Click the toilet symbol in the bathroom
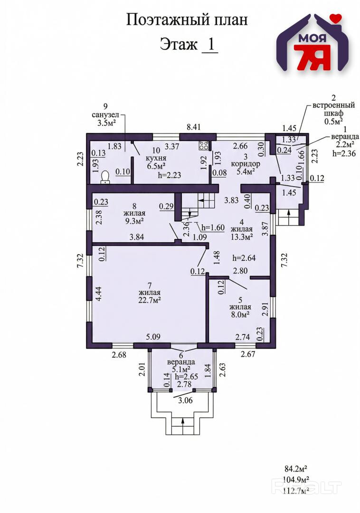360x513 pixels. click(x=105, y=177)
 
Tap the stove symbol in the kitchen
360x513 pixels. click(x=205, y=145)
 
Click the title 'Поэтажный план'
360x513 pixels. click(x=187, y=20)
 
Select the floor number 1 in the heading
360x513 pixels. click(x=210, y=45)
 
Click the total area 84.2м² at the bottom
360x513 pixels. click(x=294, y=470)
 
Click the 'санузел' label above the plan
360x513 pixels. click(x=105, y=115)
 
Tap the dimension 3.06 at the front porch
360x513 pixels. click(x=186, y=400)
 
